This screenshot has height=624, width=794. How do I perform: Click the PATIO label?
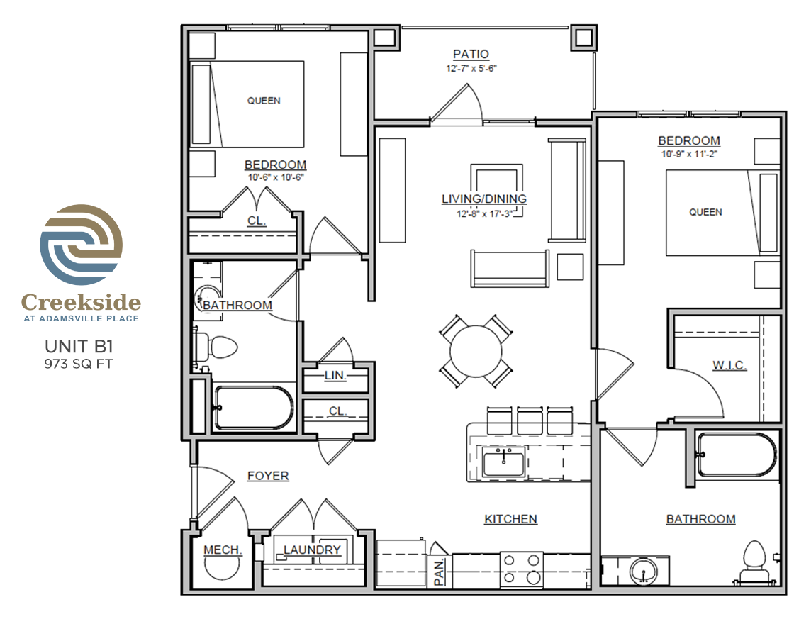pos(471,54)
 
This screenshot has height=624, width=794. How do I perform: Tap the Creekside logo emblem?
pos(81,245)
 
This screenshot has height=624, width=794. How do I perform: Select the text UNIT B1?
pos(79,347)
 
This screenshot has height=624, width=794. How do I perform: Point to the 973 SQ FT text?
pos(79,364)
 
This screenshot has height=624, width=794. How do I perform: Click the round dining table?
pos(476,351)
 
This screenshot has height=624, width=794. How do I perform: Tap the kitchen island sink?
pos(503,462)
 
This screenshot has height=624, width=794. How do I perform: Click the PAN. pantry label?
pos(440,572)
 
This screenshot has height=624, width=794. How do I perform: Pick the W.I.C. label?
pos(729,364)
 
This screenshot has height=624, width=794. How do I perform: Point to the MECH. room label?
pos(223,550)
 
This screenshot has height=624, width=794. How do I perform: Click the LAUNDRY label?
pos(312,550)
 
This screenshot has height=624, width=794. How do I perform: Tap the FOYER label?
pos(268,476)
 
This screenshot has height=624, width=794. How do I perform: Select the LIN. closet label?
pos(335,375)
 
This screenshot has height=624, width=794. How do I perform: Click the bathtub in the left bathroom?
pos(254,408)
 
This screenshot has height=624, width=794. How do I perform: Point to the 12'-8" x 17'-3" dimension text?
pos(484,213)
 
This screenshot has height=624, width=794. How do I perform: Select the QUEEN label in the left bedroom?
pos(264,101)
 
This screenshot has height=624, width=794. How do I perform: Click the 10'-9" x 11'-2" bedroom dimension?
pos(689,153)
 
